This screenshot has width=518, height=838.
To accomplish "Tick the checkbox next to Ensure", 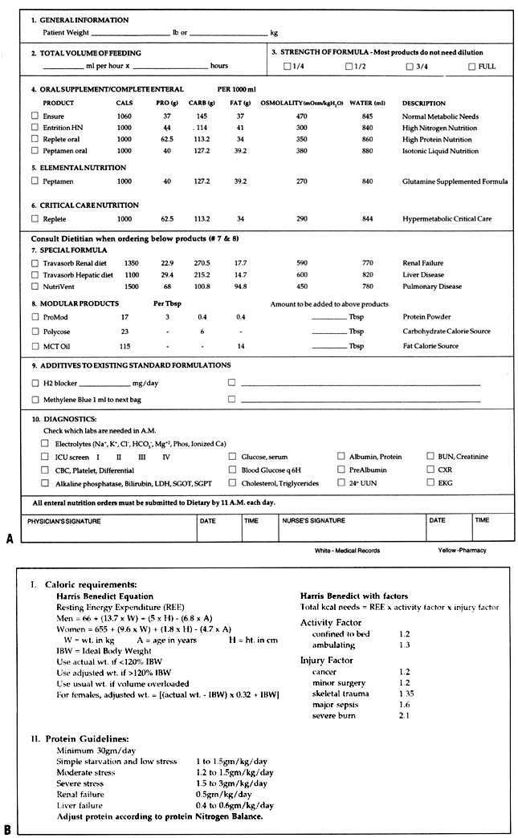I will click(35, 116).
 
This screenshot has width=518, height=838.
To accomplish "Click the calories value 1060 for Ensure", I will click(124, 116).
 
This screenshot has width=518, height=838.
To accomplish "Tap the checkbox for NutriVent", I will click(35, 286).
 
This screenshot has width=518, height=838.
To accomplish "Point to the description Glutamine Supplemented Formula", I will click(455, 181).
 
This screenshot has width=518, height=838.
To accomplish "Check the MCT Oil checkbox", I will click(35, 346).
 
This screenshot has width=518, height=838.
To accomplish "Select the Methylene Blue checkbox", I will click(35, 399).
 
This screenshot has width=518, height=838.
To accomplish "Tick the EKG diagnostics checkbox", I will click(431, 482).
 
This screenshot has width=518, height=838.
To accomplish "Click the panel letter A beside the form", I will click(9, 540).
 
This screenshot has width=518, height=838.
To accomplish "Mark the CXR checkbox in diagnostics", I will click(431, 470).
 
